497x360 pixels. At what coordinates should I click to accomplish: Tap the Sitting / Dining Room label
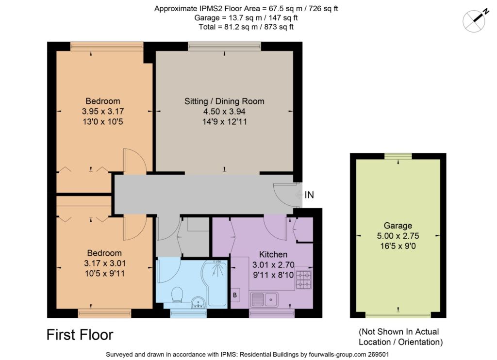[224, 101]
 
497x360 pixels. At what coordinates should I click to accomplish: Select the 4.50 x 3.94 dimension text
[224, 111]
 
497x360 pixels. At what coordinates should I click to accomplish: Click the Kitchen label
[273, 254]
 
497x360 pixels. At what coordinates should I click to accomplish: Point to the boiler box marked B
[235, 295]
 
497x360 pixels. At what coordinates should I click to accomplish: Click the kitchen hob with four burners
[304, 279]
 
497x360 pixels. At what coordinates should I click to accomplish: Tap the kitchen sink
[265, 299]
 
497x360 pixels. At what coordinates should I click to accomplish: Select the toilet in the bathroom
[177, 295]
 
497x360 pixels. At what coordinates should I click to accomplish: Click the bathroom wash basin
[199, 303]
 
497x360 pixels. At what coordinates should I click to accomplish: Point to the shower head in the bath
[217, 262]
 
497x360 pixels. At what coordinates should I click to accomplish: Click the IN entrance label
[309, 195]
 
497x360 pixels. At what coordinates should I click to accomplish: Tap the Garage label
[398, 226]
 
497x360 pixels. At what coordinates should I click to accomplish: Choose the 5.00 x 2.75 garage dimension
[398, 236]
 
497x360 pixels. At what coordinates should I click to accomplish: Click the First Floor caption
[80, 335]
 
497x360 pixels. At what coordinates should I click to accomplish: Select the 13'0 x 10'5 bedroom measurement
[103, 121]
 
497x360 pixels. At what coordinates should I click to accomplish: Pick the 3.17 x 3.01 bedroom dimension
[105, 263]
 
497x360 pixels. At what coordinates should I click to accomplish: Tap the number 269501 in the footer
[378, 354]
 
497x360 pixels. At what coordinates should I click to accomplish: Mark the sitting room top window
[224, 46]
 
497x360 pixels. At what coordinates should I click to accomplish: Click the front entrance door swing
[283, 195]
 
